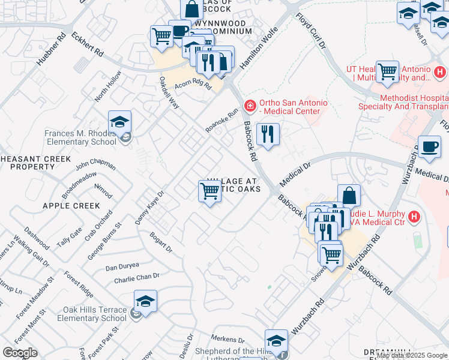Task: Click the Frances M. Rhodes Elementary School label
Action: coord(80,137)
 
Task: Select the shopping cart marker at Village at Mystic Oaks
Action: coord(209,191)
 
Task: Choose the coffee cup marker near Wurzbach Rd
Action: coord(429,147)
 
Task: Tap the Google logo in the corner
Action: coord(20,353)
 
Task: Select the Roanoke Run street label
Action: coord(221,120)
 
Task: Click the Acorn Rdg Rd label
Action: coord(193,86)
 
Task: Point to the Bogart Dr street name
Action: coord(161,244)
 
